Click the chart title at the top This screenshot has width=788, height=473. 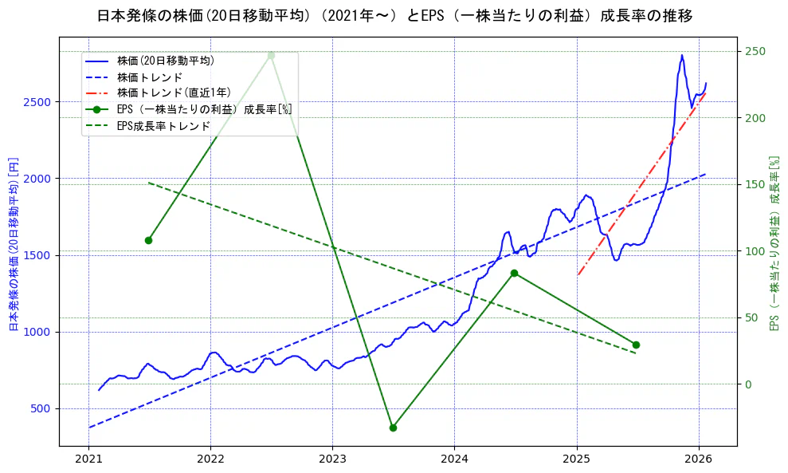(x=394, y=15)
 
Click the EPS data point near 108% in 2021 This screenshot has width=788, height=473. (x=148, y=240)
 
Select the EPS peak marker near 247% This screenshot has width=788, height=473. (x=271, y=55)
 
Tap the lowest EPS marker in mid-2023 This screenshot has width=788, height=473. (x=393, y=428)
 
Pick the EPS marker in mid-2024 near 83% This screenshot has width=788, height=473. (x=514, y=274)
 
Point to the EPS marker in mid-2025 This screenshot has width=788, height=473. (x=636, y=345)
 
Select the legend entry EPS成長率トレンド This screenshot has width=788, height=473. (x=163, y=125)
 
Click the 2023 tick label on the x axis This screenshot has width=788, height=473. (x=332, y=459)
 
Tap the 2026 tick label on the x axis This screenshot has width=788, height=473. (x=699, y=459)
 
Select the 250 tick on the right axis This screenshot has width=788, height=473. (x=755, y=52)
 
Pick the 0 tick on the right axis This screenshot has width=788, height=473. (x=748, y=384)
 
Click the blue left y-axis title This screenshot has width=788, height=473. (x=13, y=243)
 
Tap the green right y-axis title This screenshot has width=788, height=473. (x=773, y=243)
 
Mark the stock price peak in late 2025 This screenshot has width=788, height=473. (x=682, y=55)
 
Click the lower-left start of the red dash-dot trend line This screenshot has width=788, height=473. (x=578, y=275)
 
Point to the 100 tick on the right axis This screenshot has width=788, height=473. (x=755, y=251)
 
